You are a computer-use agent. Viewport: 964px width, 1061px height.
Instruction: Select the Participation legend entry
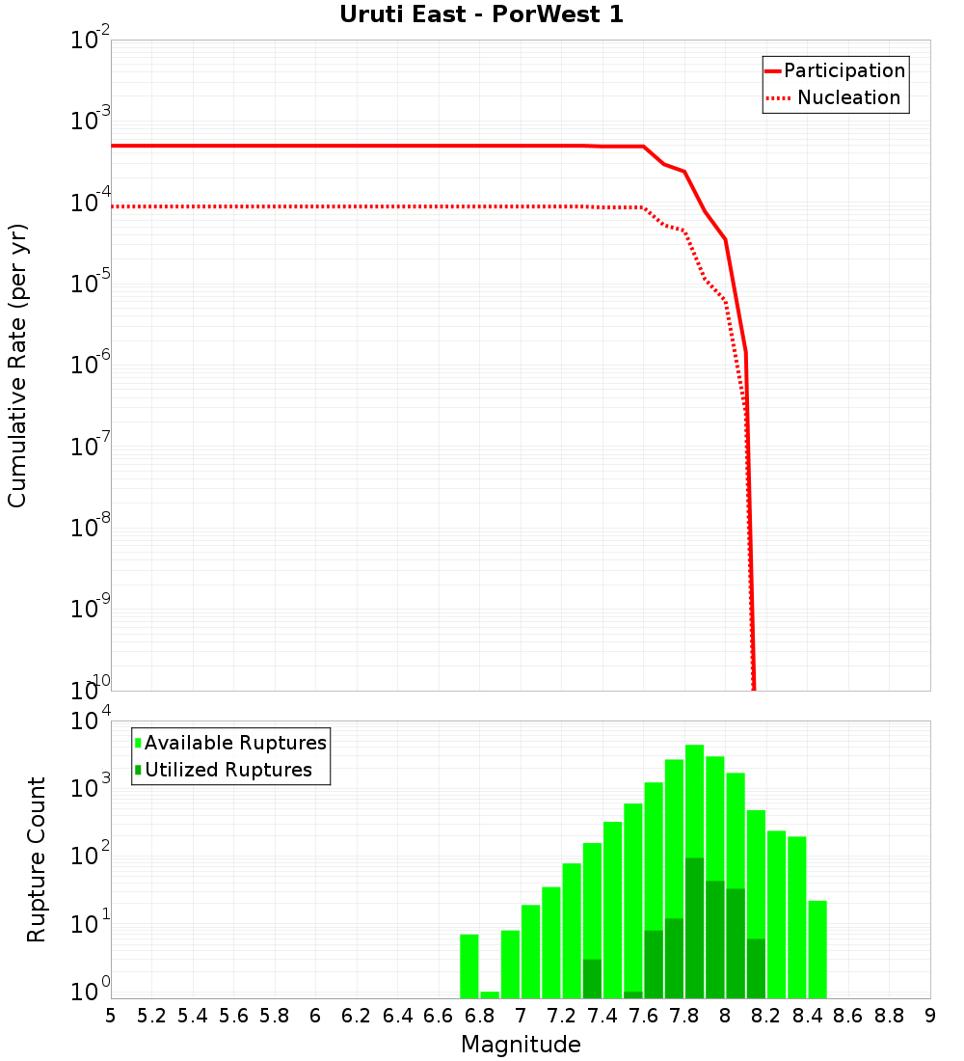844,70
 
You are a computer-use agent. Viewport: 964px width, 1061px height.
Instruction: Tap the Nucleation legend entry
848,98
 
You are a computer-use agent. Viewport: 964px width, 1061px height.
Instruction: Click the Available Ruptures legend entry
235,743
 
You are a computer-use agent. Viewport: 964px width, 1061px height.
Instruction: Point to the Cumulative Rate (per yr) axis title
17,365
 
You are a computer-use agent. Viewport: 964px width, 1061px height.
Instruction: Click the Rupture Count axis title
37,858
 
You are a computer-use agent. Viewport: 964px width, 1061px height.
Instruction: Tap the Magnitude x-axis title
521,1045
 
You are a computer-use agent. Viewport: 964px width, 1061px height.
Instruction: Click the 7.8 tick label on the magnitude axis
684,1016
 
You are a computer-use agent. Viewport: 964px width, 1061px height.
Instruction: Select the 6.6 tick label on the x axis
439,1016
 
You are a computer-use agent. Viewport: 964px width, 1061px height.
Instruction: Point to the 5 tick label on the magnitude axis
111,1016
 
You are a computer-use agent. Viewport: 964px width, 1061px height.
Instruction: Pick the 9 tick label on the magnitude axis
930,1016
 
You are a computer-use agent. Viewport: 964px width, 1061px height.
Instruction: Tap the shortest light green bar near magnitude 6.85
490,994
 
